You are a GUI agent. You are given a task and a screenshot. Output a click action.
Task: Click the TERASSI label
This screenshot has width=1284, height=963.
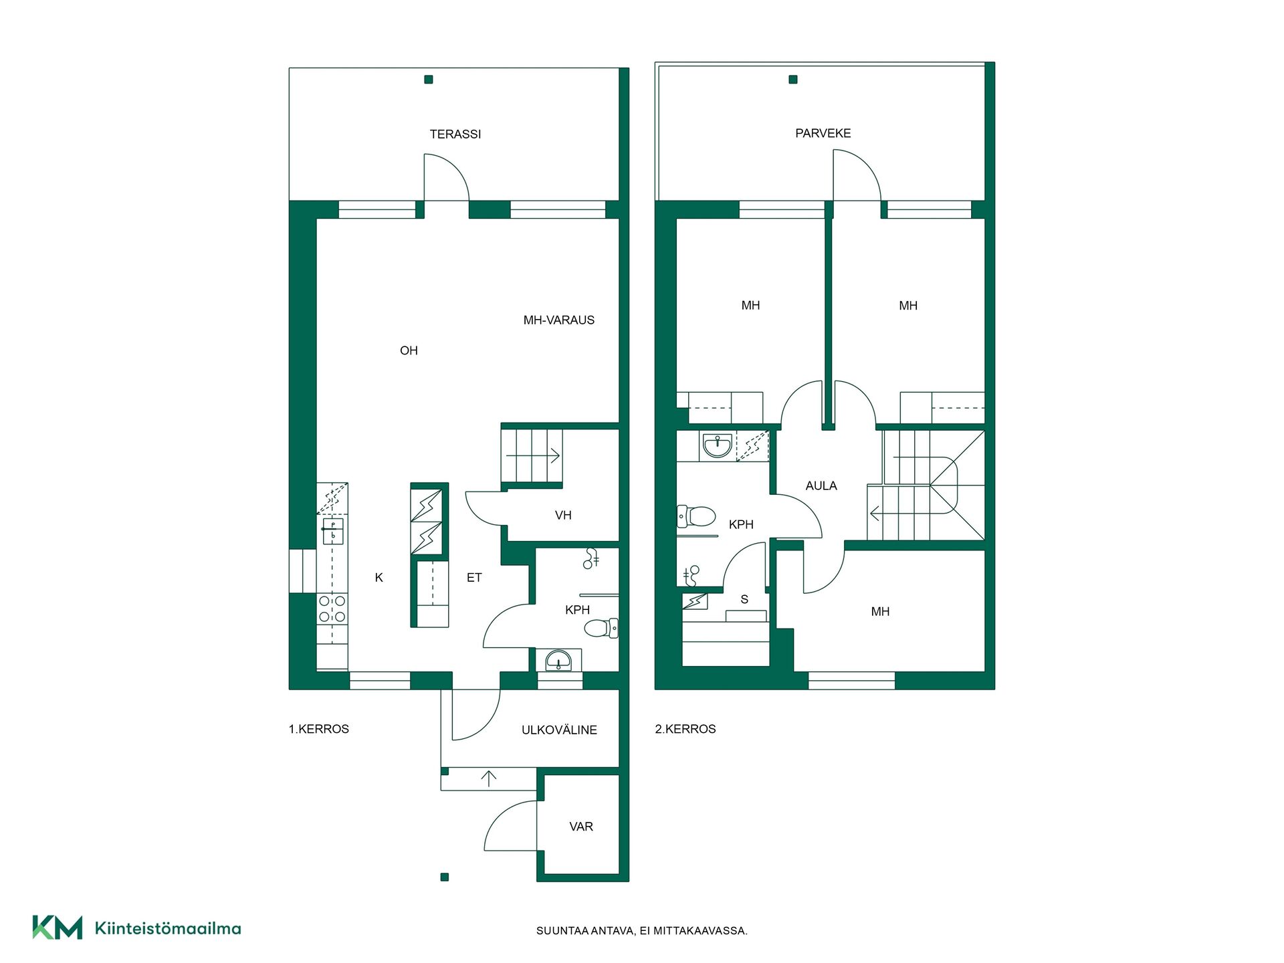click(455, 134)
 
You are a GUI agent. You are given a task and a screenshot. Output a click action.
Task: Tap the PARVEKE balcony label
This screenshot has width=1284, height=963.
click(823, 134)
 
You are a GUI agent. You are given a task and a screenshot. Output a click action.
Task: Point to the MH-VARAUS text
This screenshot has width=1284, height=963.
click(559, 320)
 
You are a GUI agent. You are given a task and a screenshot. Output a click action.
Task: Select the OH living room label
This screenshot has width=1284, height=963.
click(409, 350)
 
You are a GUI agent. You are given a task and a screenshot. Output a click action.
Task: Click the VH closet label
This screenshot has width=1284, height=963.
click(563, 516)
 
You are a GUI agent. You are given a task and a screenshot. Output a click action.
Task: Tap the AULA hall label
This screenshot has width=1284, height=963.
click(821, 486)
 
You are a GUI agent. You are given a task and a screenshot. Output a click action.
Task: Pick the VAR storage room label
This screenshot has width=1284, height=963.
click(581, 827)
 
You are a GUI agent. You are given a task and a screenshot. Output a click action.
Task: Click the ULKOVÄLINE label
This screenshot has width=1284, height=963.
click(559, 730)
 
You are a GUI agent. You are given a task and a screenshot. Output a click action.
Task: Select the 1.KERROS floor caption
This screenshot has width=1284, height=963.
click(319, 729)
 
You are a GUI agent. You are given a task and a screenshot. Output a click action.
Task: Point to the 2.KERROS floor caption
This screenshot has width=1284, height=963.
click(685, 729)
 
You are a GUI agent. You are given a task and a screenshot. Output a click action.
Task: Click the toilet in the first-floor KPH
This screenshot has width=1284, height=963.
click(601, 628)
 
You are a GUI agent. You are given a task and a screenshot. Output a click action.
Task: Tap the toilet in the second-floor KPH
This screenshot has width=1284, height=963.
click(696, 516)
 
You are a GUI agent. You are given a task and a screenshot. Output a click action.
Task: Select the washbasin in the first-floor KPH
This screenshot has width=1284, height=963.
click(558, 661)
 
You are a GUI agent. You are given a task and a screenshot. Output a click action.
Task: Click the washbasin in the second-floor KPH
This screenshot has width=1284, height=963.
click(718, 445)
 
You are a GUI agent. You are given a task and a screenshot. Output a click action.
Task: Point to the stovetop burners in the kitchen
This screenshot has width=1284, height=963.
click(332, 609)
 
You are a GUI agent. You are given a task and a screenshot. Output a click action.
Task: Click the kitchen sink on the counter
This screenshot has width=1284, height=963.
click(333, 532)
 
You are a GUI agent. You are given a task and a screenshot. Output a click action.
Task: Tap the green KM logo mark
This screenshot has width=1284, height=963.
click(58, 928)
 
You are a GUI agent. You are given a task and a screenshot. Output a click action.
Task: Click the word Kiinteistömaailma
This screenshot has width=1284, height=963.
click(168, 928)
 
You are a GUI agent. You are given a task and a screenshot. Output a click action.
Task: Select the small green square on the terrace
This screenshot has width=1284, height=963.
click(429, 80)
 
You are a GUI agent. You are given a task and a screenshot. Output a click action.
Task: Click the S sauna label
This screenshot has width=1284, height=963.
click(744, 600)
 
